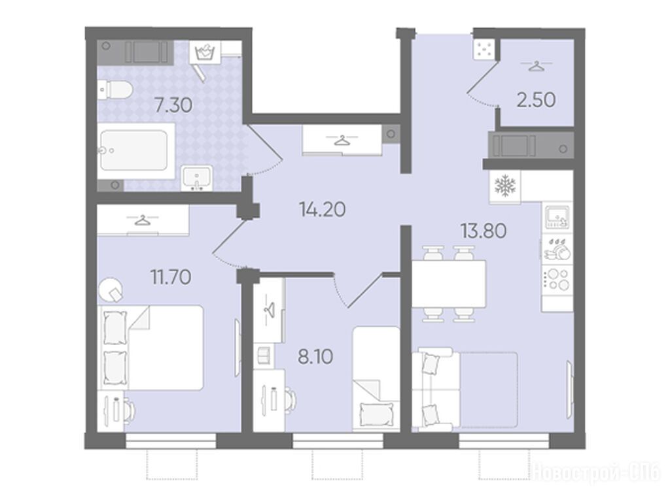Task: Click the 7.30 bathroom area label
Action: click(173, 105)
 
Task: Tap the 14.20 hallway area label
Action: click(322, 209)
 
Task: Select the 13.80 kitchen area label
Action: click(484, 231)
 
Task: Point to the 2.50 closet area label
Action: click(536, 100)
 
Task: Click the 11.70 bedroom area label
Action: click(171, 277)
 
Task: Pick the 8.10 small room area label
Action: click(315, 356)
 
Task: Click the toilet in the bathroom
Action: click(115, 90)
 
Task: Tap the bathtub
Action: click(136, 151)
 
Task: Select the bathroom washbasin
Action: click(196, 177)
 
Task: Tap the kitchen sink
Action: click(557, 218)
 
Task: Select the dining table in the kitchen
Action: click(449, 284)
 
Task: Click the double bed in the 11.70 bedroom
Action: click(150, 348)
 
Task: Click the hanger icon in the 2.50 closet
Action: click(536, 66)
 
